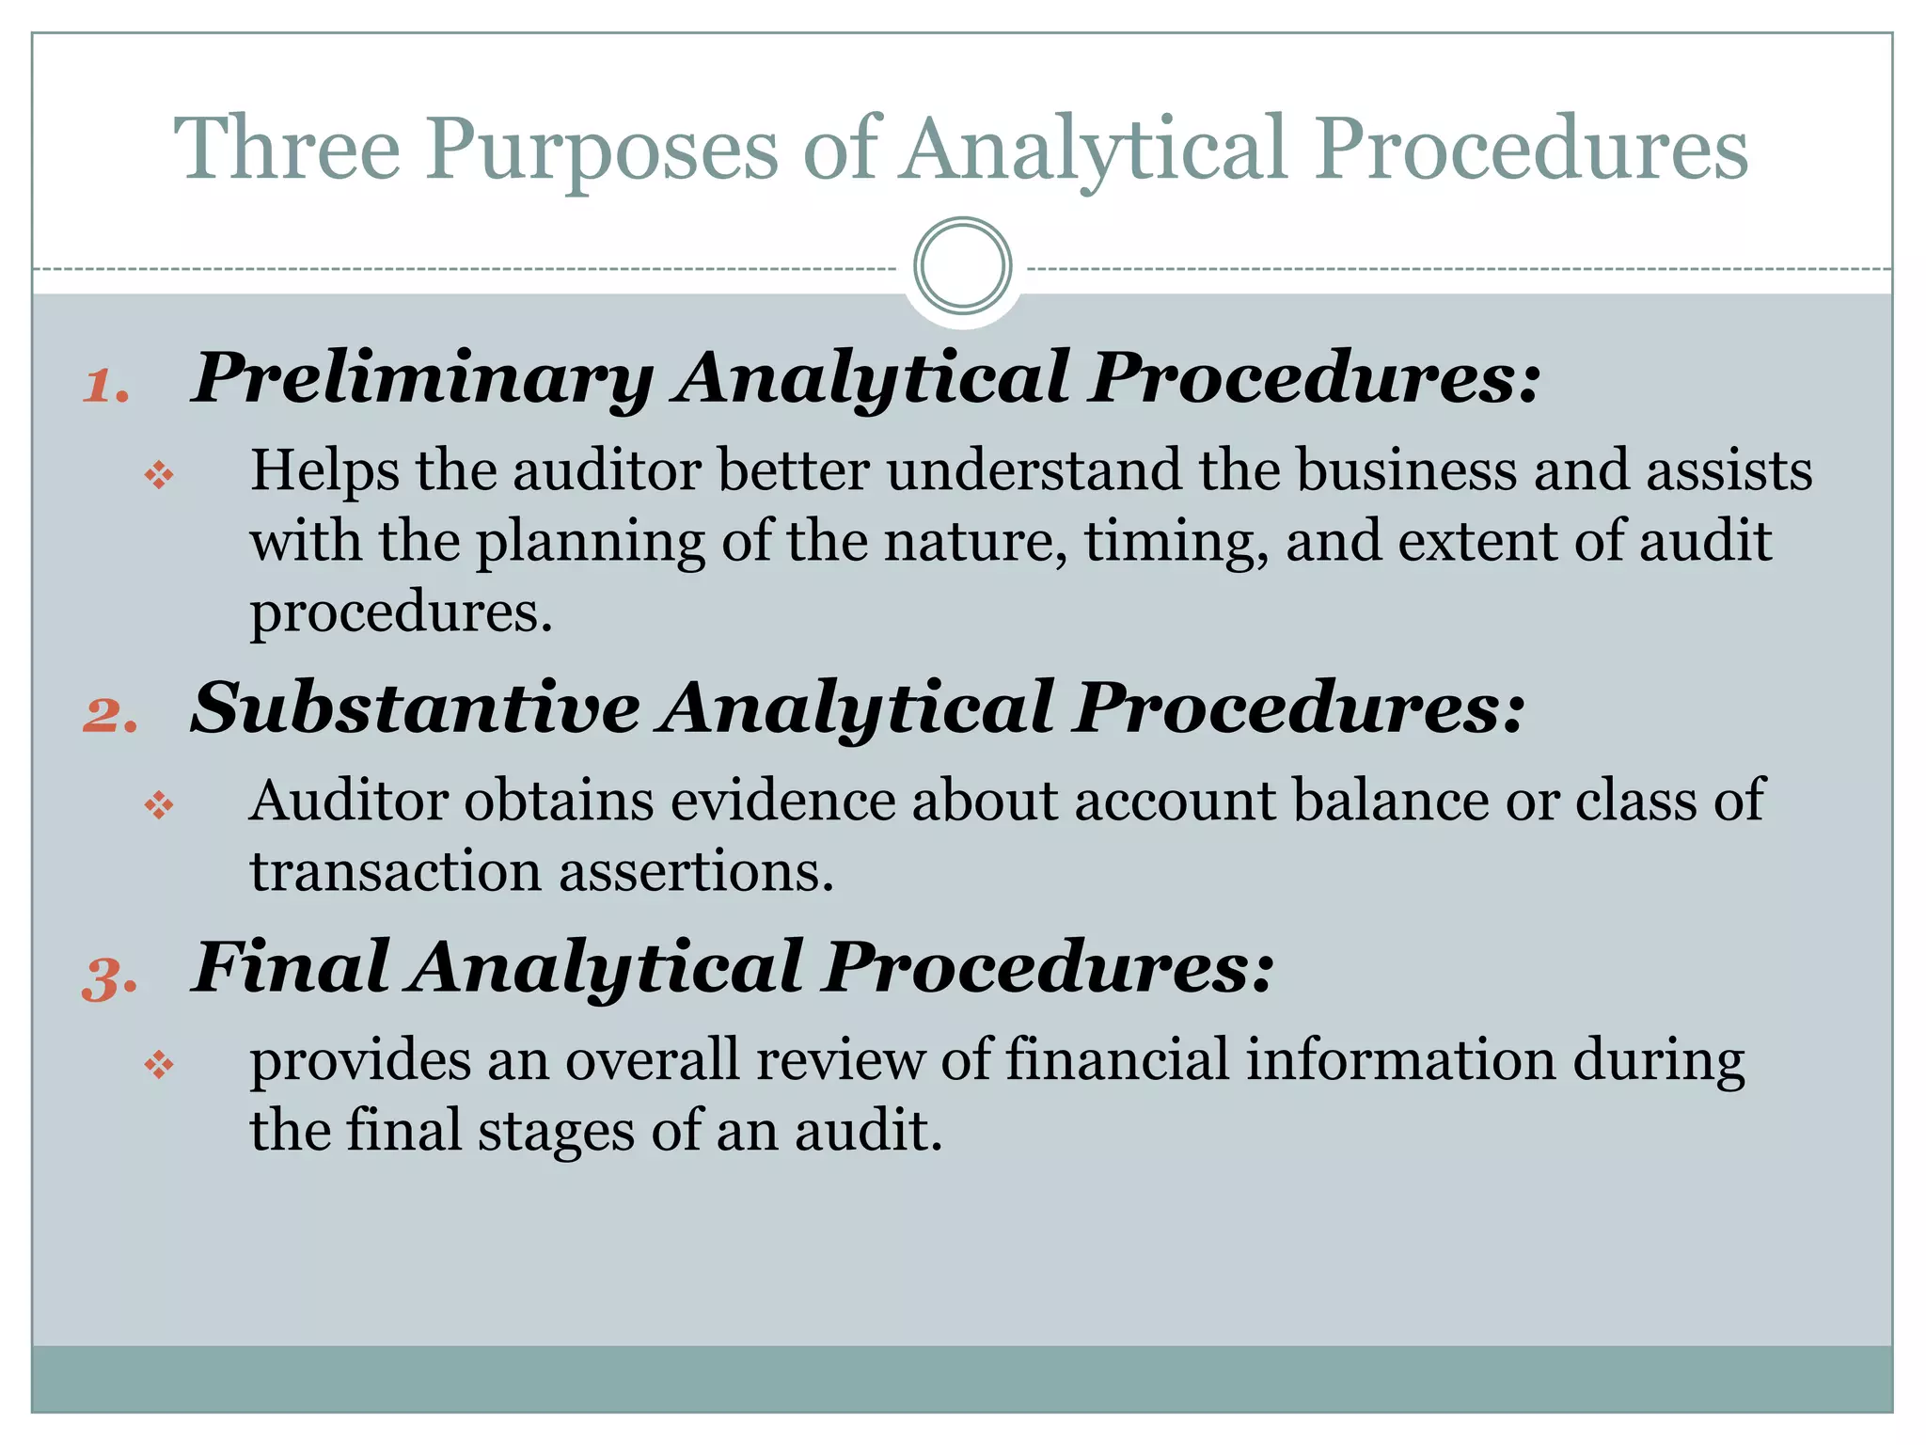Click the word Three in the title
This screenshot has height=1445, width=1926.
pyautogui.click(x=287, y=149)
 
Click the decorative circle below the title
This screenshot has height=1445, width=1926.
pyautogui.click(x=962, y=266)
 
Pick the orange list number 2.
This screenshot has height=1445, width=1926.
pyautogui.click(x=110, y=715)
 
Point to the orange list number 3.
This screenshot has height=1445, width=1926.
pyautogui.click(x=110, y=978)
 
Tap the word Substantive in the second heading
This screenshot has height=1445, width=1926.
pyautogui.click(x=415, y=708)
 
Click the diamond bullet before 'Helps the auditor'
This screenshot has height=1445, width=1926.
pyautogui.click(x=159, y=475)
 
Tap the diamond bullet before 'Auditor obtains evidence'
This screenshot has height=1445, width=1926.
pyautogui.click(x=159, y=805)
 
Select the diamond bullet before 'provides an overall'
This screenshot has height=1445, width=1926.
pyautogui.click(x=159, y=1065)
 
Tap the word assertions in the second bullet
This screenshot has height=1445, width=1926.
pyautogui.click(x=696, y=872)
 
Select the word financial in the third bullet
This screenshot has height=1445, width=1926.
pyautogui.click(x=1117, y=1059)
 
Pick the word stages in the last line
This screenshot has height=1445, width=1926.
pyautogui.click(x=556, y=1132)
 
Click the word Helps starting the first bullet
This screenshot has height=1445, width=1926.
pyautogui.click(x=324, y=471)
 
